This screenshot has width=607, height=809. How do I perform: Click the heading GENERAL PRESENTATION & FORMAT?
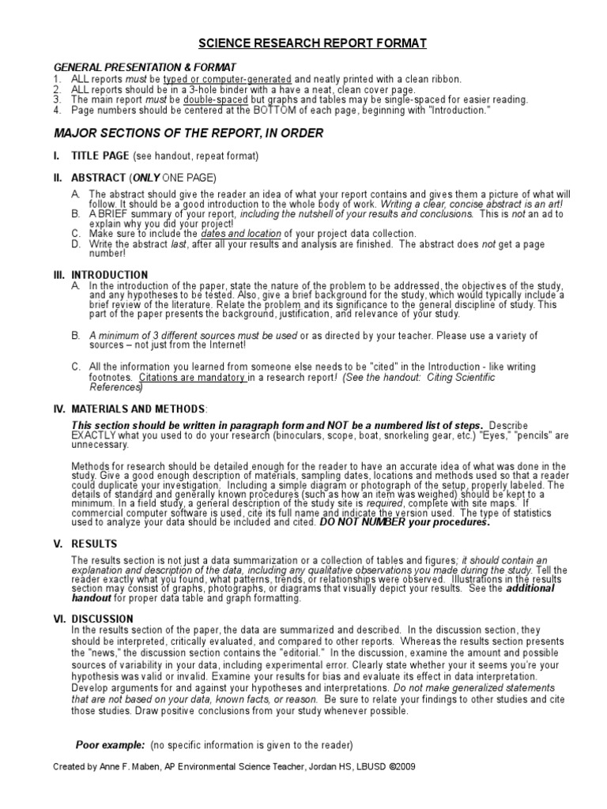pyautogui.click(x=144, y=68)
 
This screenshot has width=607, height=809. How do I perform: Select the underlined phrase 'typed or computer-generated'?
pyautogui.click(x=227, y=80)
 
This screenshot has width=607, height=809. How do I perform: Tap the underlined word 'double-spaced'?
pyautogui.click(x=213, y=100)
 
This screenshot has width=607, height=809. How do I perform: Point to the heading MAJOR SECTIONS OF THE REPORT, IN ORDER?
pyautogui.click(x=188, y=134)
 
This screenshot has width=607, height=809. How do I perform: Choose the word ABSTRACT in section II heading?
pyautogui.click(x=99, y=178)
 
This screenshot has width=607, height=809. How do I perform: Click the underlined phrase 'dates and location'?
pyautogui.click(x=240, y=234)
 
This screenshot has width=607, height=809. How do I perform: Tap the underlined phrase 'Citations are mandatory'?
pyautogui.click(x=192, y=378)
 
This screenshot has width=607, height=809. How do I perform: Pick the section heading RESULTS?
pyautogui.click(x=94, y=544)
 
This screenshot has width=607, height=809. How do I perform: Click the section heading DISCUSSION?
pyautogui.click(x=103, y=619)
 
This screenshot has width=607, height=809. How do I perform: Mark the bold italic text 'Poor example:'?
pyautogui.click(x=110, y=744)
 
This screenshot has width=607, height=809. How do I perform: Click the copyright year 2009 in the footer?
pyautogui.click(x=402, y=766)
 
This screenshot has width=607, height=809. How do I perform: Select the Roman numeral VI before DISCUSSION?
pyautogui.click(x=58, y=619)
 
